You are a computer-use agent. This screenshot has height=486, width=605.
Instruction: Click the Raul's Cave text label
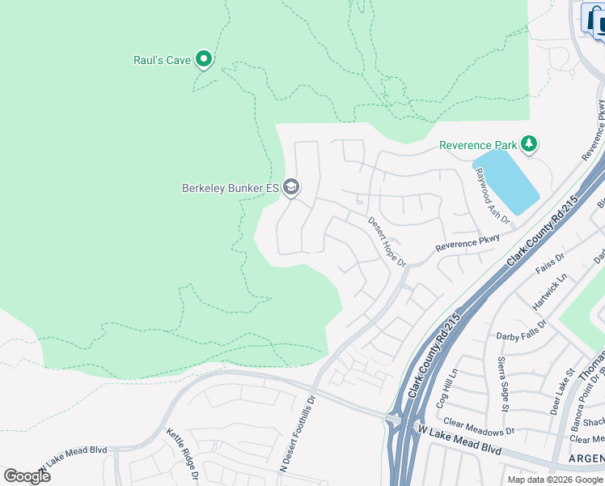click(162, 60)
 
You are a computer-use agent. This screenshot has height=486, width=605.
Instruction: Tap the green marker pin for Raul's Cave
click(205, 58)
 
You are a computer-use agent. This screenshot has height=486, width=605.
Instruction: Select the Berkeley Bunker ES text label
click(230, 188)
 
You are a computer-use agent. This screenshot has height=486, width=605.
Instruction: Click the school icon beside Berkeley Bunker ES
click(291, 188)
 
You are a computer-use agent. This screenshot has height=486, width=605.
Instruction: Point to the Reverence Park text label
click(477, 145)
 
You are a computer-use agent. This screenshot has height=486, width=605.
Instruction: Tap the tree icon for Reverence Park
click(529, 144)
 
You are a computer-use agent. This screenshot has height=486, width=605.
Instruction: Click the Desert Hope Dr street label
click(386, 241)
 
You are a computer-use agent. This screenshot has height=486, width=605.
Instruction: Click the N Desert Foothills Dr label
click(297, 433)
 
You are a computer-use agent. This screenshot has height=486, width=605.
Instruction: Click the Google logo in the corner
click(27, 475)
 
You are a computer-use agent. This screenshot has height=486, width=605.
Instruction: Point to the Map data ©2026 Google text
click(556, 480)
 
